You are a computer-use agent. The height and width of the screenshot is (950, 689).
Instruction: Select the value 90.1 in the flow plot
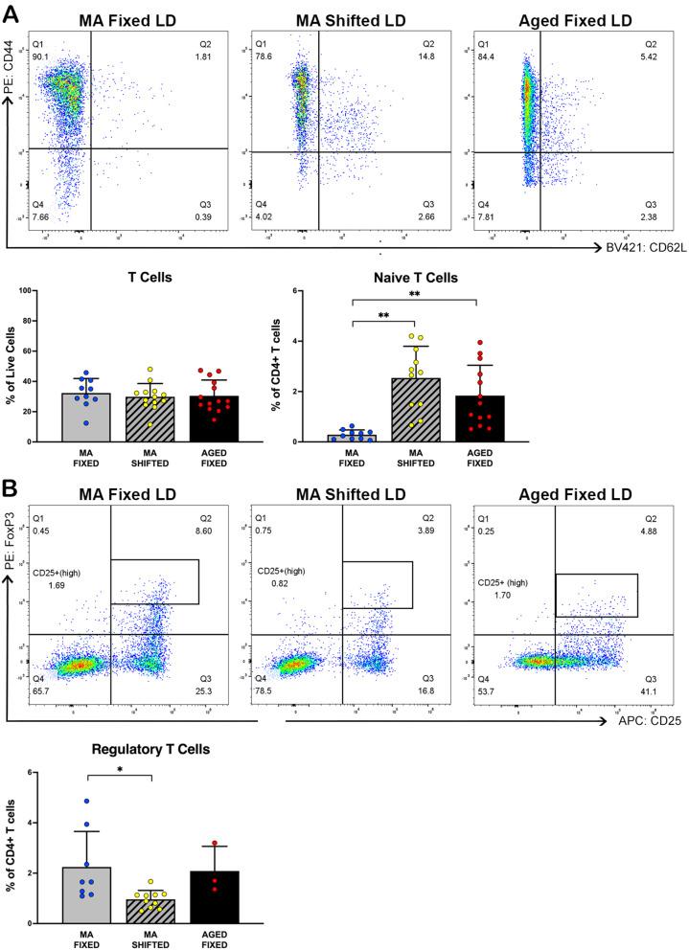42,55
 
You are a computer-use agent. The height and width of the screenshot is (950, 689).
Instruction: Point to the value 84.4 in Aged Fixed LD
487,55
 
